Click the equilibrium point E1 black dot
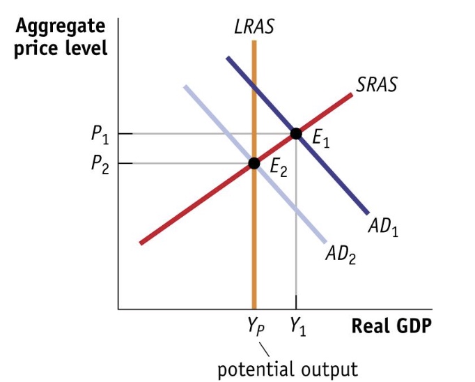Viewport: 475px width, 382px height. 296,133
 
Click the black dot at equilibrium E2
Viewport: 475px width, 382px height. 254,163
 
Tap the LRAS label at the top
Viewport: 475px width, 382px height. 254,27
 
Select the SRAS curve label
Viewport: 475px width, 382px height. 376,86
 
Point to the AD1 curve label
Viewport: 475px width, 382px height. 384,227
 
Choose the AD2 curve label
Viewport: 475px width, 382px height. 341,255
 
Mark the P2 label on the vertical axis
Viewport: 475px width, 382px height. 100,165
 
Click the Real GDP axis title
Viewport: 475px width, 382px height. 391,326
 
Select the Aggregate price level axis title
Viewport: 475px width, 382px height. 61,38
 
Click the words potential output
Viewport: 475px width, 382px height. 288,369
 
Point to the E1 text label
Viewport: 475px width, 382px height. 321,139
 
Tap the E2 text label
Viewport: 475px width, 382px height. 278,169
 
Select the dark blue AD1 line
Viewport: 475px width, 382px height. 334,174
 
